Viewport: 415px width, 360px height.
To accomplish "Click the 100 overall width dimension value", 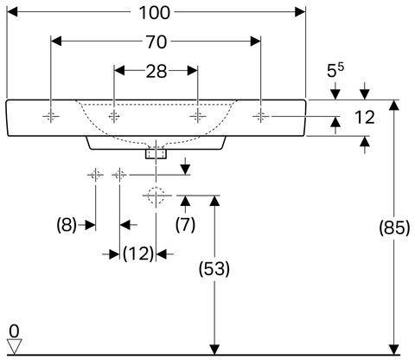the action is tap(154, 13).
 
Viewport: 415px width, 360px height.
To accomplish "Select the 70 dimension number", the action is tap(156, 42).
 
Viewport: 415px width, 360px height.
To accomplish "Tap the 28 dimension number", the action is tap(156, 72).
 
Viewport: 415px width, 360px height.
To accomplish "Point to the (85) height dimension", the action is tap(394, 228).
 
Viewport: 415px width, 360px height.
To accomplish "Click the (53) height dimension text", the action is tap(214, 269).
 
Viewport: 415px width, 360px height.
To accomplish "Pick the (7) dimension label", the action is tap(185, 224).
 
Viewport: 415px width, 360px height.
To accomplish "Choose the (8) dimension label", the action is tap(67, 225).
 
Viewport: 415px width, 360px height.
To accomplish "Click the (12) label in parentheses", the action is tap(138, 254).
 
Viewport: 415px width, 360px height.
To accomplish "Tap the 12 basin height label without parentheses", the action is tap(364, 118).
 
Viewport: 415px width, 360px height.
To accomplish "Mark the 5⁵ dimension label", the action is tap(335, 71).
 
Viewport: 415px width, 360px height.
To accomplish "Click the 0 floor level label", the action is tap(14, 331).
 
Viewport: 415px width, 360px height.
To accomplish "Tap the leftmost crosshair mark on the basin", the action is tap(51, 116).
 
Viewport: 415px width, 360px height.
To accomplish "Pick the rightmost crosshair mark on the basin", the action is tap(260, 116).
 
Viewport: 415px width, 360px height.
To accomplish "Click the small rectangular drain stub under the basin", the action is tap(156, 154).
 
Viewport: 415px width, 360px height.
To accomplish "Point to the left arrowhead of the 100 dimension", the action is tap(12, 12).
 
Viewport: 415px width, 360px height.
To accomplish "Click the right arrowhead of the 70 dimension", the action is tap(255, 42).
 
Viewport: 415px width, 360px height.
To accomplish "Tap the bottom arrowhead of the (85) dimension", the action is tap(394, 350).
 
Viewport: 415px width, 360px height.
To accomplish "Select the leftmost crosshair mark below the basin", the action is tap(95, 175).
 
